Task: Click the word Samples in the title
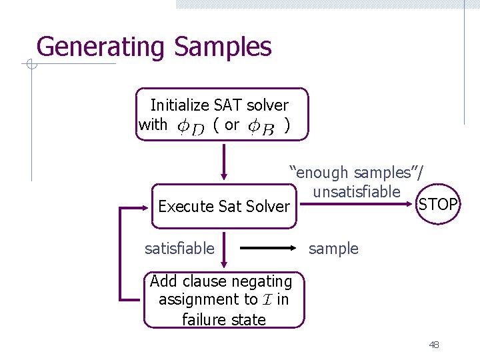click(x=223, y=47)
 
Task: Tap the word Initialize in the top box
click(x=179, y=105)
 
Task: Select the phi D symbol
click(x=190, y=126)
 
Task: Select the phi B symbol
click(x=261, y=126)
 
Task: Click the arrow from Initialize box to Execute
click(x=224, y=163)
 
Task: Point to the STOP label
click(x=437, y=204)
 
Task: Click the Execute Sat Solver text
click(x=224, y=207)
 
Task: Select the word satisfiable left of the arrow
click(x=180, y=249)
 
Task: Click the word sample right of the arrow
click(x=333, y=249)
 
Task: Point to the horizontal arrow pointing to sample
click(x=267, y=249)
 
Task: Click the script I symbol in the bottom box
click(x=267, y=300)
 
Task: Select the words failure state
click(x=224, y=319)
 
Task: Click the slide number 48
click(x=434, y=345)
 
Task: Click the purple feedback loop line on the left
click(x=120, y=253)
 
